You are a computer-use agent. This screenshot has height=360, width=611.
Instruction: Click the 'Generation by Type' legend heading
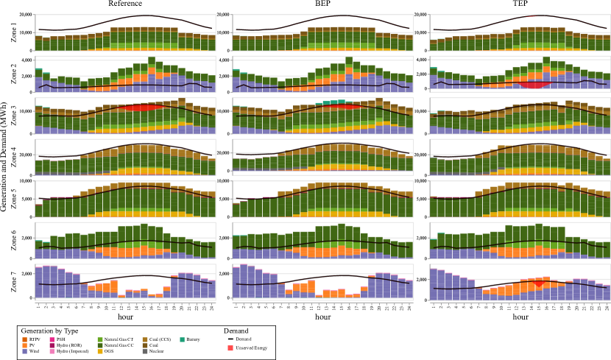(x=49, y=331)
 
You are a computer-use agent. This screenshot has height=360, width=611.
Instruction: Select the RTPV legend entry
(x=35, y=339)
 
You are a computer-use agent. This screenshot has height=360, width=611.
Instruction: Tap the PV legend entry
(x=32, y=345)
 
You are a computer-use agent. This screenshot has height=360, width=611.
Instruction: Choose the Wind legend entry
(x=33, y=351)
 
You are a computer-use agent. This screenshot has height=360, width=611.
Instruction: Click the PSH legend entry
(x=62, y=339)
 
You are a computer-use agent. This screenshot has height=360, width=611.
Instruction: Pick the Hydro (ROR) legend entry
(x=69, y=345)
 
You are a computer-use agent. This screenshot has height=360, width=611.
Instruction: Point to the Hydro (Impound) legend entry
(x=74, y=351)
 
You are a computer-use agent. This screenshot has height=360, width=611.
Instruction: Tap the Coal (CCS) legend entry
(x=157, y=339)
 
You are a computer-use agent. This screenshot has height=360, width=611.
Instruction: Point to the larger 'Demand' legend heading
(x=236, y=331)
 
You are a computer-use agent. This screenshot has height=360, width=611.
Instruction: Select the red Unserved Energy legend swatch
(x=230, y=347)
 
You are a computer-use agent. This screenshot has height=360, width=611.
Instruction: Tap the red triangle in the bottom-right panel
(x=538, y=283)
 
